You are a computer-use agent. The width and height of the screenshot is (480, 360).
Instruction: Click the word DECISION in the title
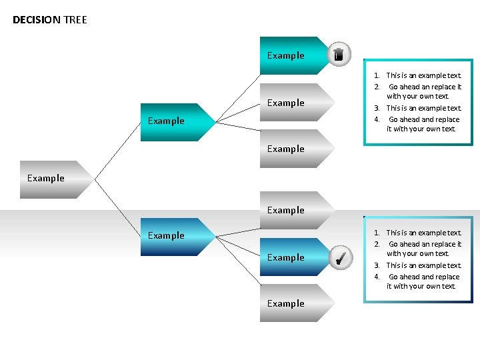tap(37, 20)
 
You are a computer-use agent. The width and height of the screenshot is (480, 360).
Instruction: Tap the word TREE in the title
tap(75, 20)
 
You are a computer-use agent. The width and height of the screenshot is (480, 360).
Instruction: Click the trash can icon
tap(339, 55)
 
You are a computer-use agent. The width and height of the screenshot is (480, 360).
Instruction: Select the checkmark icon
tap(339, 257)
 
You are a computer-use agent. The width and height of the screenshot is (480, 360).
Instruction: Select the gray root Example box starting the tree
tap(50, 179)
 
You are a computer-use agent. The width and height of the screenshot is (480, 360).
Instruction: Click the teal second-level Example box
tap(170, 121)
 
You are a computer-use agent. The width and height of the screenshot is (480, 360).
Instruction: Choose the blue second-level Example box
tap(170, 236)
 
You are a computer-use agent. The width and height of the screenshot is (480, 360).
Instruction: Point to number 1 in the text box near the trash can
tap(377, 76)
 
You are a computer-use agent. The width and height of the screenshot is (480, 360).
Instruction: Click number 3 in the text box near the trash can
tap(377, 108)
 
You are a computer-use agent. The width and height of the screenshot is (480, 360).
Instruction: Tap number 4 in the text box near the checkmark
tap(377, 277)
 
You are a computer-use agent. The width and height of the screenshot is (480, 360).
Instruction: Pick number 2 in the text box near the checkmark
tap(377, 244)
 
